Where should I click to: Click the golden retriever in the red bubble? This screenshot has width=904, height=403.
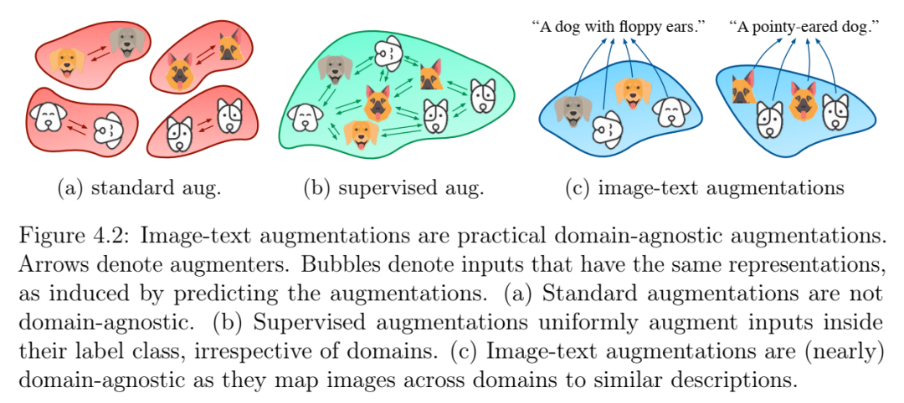67,63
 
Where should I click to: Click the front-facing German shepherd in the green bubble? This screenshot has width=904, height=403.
377,103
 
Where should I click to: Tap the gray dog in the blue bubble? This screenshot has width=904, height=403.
573,110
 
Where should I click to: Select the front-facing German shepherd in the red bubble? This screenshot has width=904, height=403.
179,73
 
